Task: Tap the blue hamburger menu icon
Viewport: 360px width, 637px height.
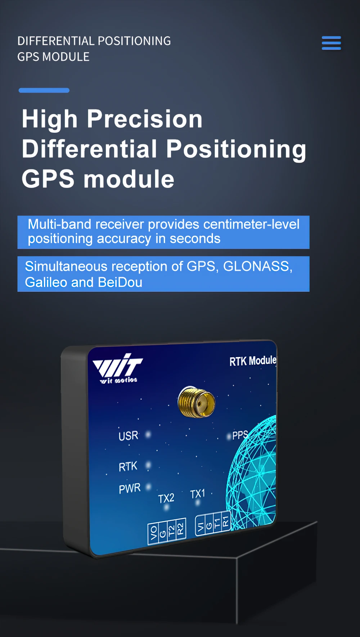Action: tap(331, 43)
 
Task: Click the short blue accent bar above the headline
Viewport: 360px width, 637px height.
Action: tap(44, 90)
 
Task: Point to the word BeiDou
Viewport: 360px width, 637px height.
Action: tap(120, 282)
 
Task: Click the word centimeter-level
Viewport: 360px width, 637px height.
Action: tap(251, 224)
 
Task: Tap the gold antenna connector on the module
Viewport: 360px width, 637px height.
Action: tap(197, 402)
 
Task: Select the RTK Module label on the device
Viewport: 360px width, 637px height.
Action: tap(253, 361)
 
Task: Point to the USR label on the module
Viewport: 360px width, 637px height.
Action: tap(128, 436)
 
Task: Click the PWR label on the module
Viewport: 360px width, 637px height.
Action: tap(130, 488)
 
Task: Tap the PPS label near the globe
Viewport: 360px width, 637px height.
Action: tap(240, 435)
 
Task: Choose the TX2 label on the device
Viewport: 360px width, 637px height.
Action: tap(166, 498)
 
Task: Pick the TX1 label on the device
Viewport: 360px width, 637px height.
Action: tap(198, 494)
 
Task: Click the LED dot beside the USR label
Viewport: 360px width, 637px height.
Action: tap(148, 435)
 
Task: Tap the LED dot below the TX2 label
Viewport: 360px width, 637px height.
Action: tap(166, 507)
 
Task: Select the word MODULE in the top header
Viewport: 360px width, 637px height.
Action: tap(66, 57)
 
